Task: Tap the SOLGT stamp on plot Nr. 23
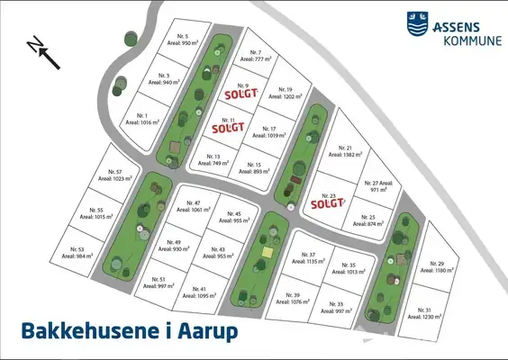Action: coord(328,202)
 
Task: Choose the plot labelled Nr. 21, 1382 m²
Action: coord(343,151)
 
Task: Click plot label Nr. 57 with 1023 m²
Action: coord(113,175)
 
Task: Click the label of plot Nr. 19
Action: coord(285,94)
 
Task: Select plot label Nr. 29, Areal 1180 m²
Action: coord(439,266)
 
